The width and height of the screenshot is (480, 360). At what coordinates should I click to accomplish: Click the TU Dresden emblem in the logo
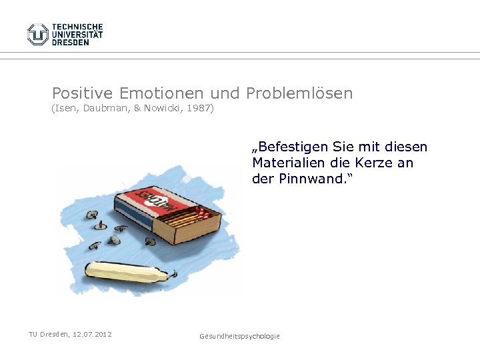click(x=38, y=34)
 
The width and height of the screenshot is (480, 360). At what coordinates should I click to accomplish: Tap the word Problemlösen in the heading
click(x=299, y=93)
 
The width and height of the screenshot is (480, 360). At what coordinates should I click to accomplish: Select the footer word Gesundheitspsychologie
click(x=240, y=336)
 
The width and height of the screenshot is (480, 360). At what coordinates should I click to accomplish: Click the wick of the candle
click(x=173, y=271)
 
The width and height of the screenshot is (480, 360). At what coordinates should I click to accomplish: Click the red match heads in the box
click(x=204, y=213)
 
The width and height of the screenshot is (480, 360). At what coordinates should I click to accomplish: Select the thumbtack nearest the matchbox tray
click(x=151, y=241)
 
